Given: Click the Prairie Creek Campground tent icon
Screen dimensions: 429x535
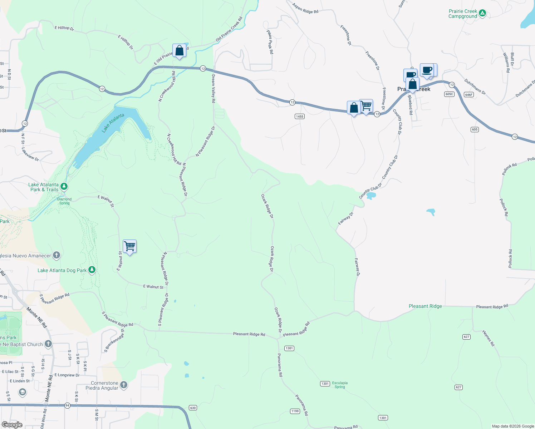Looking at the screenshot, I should [x=482, y=13].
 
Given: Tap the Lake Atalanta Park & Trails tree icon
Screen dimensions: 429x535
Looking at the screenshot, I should [x=64, y=186].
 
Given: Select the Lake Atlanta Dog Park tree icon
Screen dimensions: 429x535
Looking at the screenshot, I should [x=92, y=270].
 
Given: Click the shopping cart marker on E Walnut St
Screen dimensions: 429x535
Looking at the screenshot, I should [x=129, y=246].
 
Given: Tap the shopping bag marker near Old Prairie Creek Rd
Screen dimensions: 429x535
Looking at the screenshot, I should [x=179, y=51].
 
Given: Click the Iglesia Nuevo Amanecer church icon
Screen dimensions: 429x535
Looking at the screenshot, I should [x=56, y=255].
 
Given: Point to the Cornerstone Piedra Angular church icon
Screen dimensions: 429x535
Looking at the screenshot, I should [x=124, y=385].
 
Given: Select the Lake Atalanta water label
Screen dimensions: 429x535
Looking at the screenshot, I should [x=113, y=123].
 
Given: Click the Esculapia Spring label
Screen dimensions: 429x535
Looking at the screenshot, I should [x=340, y=385].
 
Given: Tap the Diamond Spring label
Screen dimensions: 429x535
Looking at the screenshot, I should [x=64, y=201].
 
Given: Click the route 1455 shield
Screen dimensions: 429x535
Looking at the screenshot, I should [x=300, y=116].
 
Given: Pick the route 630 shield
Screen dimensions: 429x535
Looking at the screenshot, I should [x=193, y=408].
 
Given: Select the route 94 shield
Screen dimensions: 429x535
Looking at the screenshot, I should [x=67, y=405].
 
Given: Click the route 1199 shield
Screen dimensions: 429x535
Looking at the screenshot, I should [x=295, y=411].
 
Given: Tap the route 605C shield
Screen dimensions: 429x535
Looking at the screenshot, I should [x=449, y=94].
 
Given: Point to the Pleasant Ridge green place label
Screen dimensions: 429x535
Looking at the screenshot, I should [x=425, y=306].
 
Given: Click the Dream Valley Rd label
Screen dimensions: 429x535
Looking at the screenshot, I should [x=213, y=89].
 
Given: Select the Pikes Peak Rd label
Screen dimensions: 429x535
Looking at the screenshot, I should [x=270, y=42].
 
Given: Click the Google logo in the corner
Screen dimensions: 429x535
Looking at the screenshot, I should [x=12, y=424].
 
